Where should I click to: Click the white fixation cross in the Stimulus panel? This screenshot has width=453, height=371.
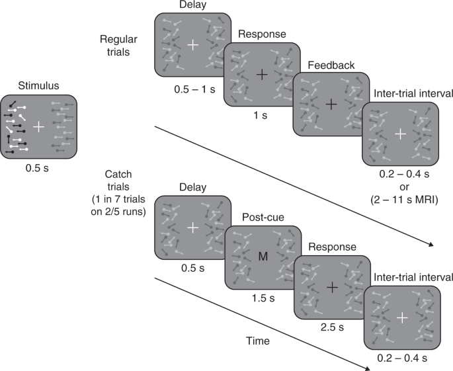[x=39, y=126]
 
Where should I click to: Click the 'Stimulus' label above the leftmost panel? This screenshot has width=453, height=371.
[x=39, y=85]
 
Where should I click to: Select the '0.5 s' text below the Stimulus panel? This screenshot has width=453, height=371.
[x=39, y=168]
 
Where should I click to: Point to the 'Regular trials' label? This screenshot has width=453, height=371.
[x=120, y=45]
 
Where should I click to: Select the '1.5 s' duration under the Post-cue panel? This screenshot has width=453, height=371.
[x=263, y=298]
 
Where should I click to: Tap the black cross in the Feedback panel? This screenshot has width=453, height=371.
[x=331, y=104]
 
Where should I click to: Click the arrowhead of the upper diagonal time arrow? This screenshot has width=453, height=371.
[x=431, y=245]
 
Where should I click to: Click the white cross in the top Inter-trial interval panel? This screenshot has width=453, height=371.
[x=400, y=134]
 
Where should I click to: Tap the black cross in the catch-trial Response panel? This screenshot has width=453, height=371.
[x=331, y=287]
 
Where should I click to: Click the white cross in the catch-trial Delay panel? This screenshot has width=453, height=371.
[x=192, y=227]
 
